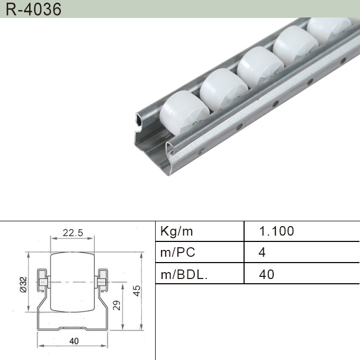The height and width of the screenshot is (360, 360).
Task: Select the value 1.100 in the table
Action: coord(276,231)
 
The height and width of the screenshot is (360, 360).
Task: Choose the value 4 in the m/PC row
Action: coord(262,253)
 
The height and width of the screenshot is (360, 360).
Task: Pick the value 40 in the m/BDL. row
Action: coord(267,274)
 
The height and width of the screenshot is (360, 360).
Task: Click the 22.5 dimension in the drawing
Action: coord(73,233)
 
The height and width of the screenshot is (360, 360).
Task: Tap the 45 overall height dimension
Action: coord(137,291)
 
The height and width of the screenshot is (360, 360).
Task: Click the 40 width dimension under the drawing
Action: coord(74,341)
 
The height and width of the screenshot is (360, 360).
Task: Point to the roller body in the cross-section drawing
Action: coord(73,284)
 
